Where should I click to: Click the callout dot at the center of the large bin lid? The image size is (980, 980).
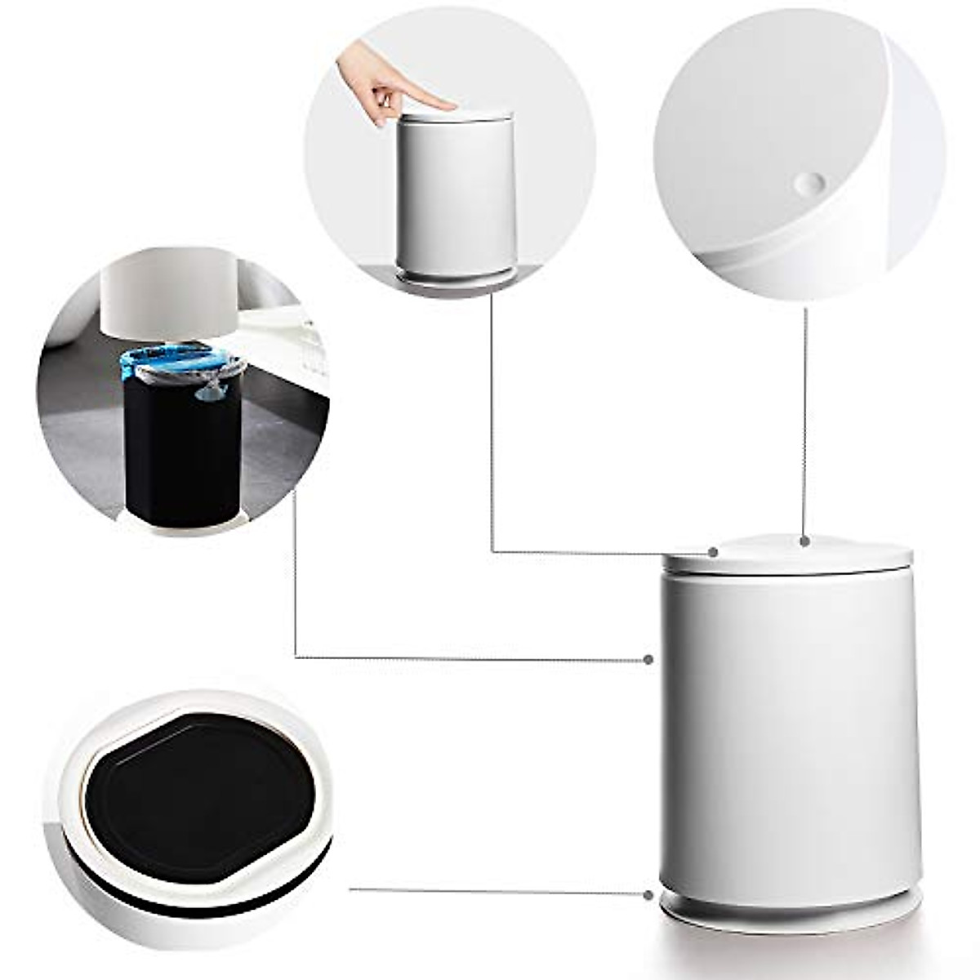805,541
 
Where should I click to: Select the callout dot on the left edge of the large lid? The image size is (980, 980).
714,552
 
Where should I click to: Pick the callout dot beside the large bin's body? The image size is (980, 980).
648,659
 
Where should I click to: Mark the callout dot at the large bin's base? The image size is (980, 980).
649,895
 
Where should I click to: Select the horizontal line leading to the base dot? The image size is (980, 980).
498,891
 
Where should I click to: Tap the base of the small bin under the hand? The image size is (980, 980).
456,274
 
